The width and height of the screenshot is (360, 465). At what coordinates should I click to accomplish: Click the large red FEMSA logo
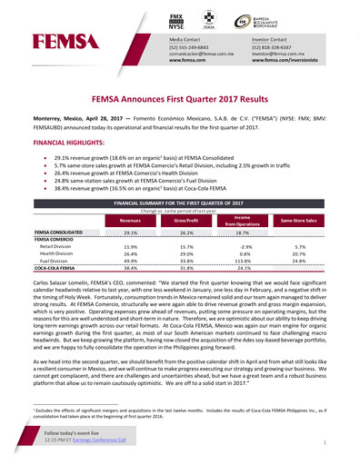tap(59, 40)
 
